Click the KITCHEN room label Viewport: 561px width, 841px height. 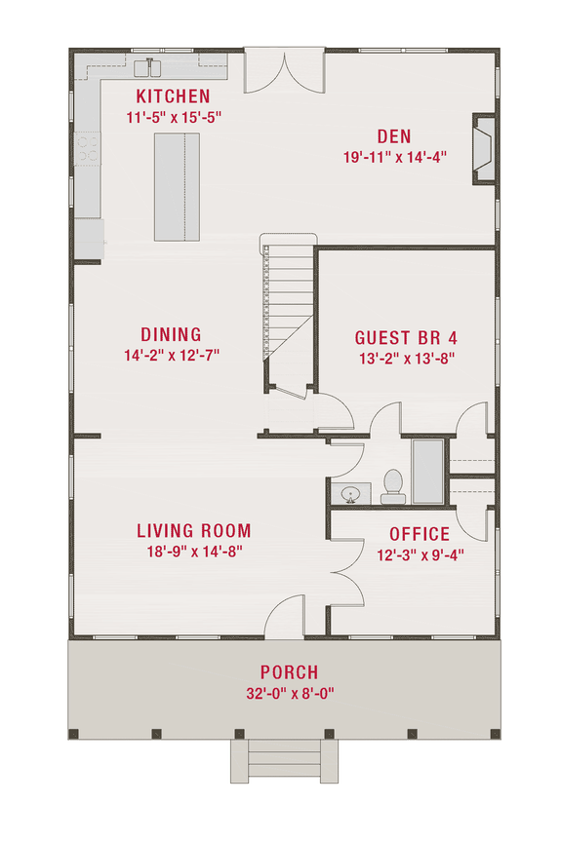click(x=173, y=96)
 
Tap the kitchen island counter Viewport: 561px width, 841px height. click(x=177, y=186)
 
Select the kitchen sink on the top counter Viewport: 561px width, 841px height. click(x=151, y=67)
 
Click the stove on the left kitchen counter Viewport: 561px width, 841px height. click(x=88, y=148)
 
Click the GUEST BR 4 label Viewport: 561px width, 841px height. click(x=406, y=337)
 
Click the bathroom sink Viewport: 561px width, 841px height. click(x=348, y=494)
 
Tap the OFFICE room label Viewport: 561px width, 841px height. click(x=420, y=534)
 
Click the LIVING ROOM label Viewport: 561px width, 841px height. click(x=193, y=531)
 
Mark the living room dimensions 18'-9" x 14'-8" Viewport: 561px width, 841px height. click(x=193, y=552)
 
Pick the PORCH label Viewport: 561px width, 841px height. click(x=289, y=672)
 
